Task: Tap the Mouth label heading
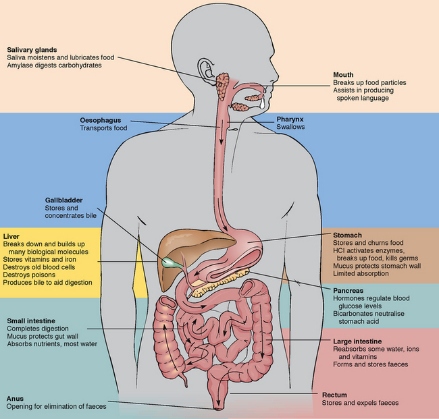point(344,75)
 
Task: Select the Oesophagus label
point(101,120)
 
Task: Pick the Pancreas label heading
point(350,288)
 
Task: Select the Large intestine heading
point(358,341)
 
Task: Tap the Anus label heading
point(16,398)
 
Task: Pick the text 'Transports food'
point(103,128)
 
